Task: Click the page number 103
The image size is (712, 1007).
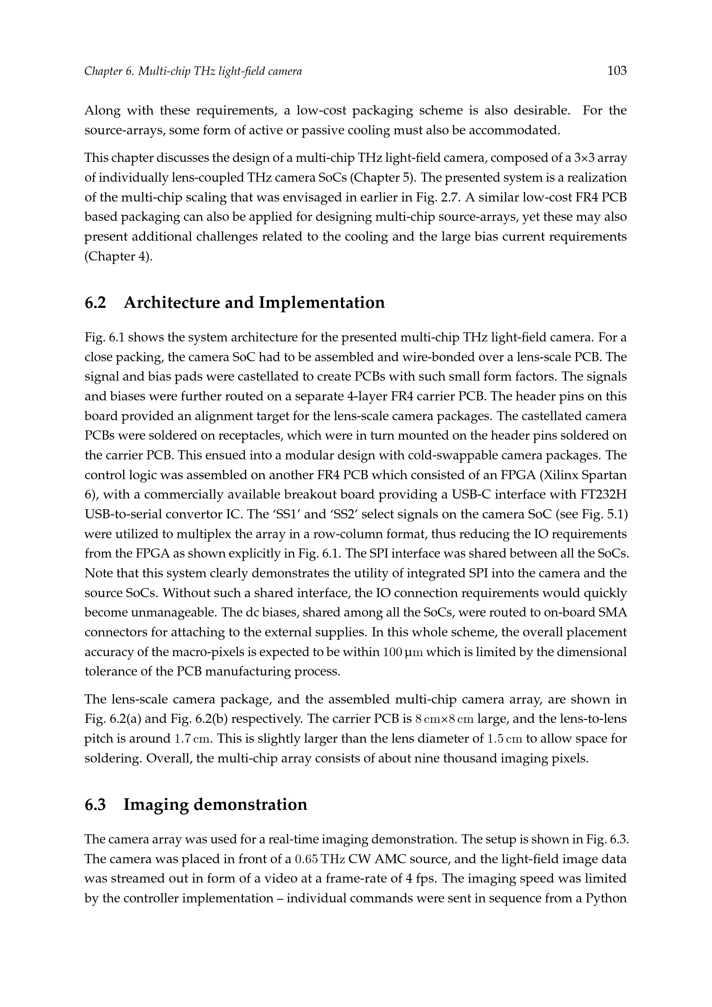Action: pos(617,71)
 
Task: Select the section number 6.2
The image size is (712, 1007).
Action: pos(96,303)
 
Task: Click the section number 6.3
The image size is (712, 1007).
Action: pos(96,804)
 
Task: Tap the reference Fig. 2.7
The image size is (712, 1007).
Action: pos(438,197)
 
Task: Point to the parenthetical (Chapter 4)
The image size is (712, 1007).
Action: pos(118,256)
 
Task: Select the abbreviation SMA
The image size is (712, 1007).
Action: pos(613,613)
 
